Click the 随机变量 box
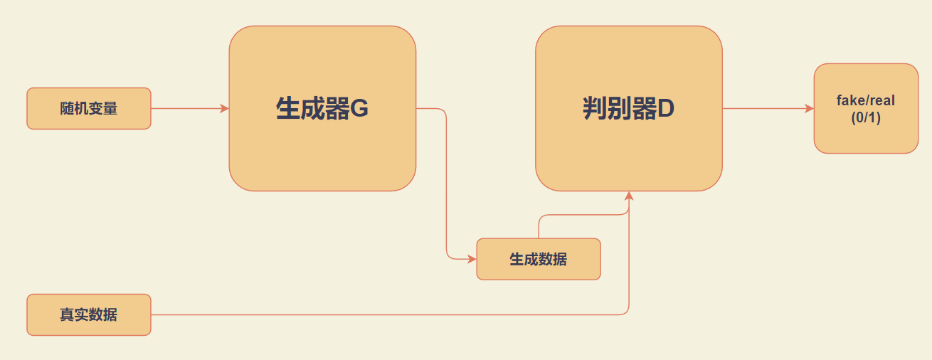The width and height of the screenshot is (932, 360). [89, 109]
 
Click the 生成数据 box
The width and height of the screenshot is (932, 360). [539, 259]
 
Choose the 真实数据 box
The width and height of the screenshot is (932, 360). [89, 314]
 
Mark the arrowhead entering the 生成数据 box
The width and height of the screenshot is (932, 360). [472, 259]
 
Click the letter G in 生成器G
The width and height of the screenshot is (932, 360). [359, 109]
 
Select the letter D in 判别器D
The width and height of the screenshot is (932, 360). [666, 109]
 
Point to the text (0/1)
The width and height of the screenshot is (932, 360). [866, 118]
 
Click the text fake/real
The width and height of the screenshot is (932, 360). [866, 101]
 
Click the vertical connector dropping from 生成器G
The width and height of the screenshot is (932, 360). [446, 185]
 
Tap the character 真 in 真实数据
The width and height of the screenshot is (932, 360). [67, 314]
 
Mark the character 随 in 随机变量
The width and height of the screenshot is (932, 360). [67, 109]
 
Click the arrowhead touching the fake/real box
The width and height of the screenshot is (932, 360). [810, 109]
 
